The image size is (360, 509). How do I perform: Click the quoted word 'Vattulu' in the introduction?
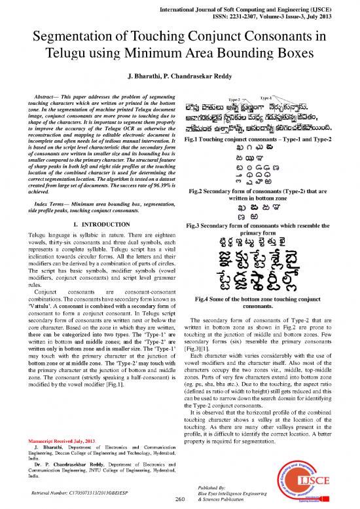(45, 305)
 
